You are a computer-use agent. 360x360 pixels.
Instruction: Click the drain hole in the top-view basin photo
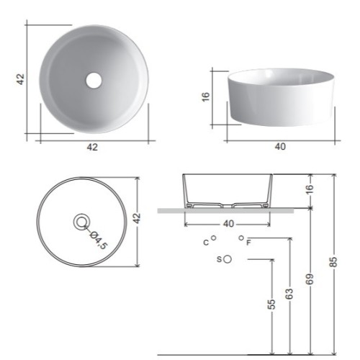click(x=94, y=80)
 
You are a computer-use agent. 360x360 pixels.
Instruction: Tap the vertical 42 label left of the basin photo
click(x=21, y=79)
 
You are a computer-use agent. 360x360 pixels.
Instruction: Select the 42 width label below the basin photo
click(x=92, y=147)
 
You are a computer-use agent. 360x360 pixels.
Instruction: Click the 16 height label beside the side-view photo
click(x=206, y=97)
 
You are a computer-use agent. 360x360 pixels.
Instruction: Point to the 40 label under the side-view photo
click(x=280, y=146)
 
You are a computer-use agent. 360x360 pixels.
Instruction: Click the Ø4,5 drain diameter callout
click(x=99, y=240)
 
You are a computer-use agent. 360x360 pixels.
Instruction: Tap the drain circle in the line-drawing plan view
click(x=81, y=222)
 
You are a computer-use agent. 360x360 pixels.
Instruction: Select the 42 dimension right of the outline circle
click(x=137, y=218)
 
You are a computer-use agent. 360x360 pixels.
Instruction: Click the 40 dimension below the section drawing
click(x=228, y=224)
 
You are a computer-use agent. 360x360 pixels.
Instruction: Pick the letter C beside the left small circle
click(x=206, y=243)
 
